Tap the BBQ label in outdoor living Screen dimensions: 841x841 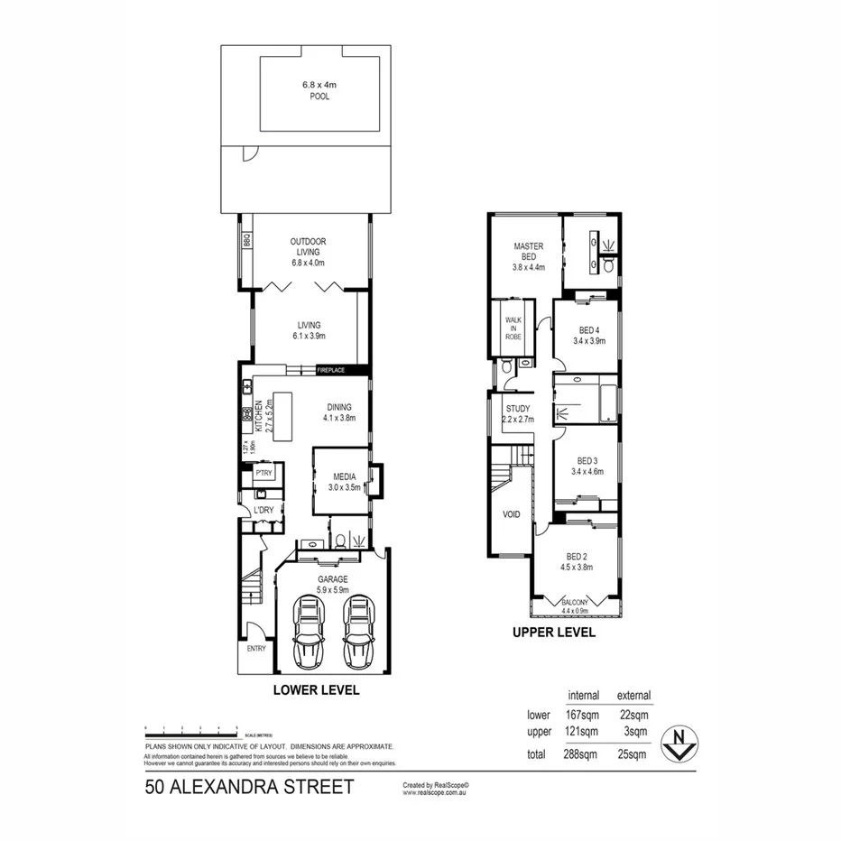point(245,242)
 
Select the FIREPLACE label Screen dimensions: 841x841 point(331,370)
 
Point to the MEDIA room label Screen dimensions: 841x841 point(343,477)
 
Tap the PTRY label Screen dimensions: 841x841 point(263,472)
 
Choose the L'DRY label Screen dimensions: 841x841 point(263,511)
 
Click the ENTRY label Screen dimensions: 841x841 point(255,649)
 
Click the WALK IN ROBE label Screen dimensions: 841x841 point(513,328)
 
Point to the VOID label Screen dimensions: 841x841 point(511,515)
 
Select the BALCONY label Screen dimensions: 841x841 point(575,603)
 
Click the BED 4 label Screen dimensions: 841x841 point(587,330)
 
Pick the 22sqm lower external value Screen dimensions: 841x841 point(633,715)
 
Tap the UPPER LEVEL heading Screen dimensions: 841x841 point(554,633)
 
